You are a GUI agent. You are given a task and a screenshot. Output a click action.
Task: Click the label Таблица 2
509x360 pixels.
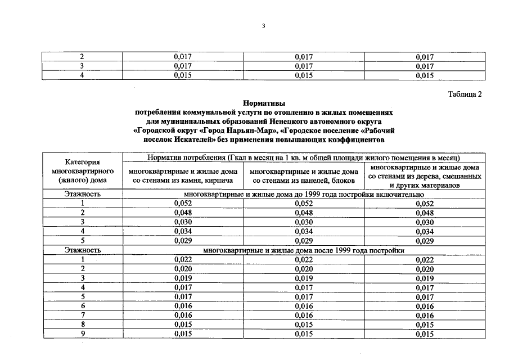click(x=465, y=94)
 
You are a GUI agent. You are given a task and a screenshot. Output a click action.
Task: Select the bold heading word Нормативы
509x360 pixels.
click(x=264, y=103)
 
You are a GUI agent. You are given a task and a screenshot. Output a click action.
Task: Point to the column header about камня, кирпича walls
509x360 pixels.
click(x=182, y=175)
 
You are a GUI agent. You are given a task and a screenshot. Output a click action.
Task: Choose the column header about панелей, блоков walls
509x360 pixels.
click(x=303, y=175)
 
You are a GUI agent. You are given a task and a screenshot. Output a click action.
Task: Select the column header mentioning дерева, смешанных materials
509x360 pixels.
click(x=425, y=175)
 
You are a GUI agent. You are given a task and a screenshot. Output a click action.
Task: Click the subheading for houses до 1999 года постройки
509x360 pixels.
click(x=304, y=194)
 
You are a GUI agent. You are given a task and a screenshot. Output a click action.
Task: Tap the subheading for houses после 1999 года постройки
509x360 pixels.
click(x=304, y=250)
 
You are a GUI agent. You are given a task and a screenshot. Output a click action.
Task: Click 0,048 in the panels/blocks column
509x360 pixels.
click(x=304, y=213)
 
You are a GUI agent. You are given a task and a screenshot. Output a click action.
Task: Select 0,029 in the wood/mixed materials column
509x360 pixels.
click(x=425, y=241)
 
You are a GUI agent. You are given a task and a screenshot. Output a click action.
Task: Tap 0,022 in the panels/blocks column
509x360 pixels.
click(x=304, y=259)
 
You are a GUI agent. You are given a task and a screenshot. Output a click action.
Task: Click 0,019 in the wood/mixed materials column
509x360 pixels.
click(x=425, y=278)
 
